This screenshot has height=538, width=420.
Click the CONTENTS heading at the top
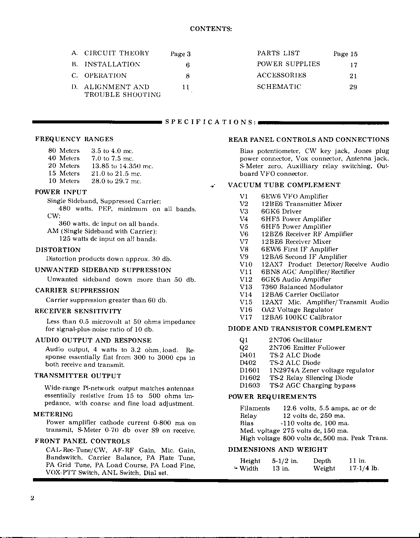[211, 29]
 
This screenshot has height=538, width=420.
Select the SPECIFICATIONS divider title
[210, 122]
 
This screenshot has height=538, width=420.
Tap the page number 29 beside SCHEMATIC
[353, 87]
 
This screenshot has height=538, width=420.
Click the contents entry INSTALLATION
[112, 64]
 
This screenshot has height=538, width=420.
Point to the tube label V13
[246, 287]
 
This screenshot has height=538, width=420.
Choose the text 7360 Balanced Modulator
[302, 287]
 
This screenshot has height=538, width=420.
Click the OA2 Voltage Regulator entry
[297, 310]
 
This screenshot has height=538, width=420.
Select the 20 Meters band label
[64, 166]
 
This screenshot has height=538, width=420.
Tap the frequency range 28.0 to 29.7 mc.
[116, 181]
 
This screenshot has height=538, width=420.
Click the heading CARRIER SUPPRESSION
[77, 291]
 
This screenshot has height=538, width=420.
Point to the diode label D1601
[250, 370]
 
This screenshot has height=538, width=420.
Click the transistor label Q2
[244, 347]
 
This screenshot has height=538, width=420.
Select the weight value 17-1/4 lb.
[364, 468]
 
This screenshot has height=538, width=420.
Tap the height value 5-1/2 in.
[285, 461]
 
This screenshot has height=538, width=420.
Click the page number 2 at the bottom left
[32, 498]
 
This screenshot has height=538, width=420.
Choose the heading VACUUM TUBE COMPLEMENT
[284, 185]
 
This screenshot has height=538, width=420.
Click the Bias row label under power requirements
[247, 423]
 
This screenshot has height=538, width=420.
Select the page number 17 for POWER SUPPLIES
[353, 65]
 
